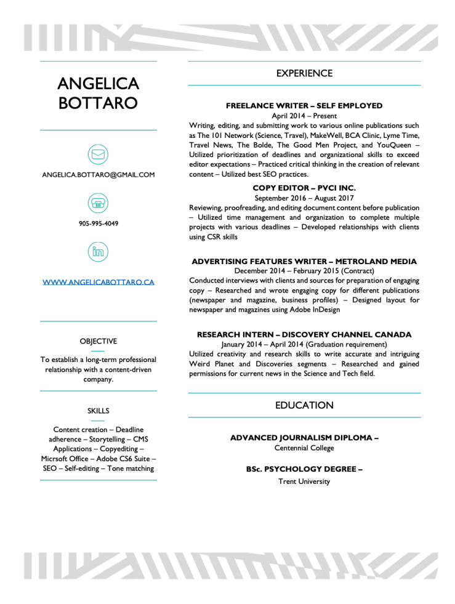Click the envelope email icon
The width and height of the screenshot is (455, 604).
98,154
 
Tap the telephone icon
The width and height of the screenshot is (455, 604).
98,203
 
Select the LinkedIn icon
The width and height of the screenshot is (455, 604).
98,251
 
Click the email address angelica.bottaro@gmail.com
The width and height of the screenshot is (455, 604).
99,175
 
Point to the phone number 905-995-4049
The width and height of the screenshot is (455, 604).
99,223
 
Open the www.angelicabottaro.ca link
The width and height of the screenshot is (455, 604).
99,282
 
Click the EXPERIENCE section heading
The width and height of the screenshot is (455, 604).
304,73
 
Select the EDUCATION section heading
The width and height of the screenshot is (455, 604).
304,405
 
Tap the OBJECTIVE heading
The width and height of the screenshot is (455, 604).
99,341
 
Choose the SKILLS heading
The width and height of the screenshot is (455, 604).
99,411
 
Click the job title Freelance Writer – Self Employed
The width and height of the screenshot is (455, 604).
304,105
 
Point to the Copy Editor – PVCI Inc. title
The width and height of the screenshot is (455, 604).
304,188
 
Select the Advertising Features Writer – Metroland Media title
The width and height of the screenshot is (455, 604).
304,262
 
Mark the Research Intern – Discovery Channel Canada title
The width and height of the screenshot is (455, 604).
304,334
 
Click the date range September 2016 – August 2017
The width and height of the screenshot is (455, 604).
304,198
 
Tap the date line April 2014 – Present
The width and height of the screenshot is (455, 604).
304,116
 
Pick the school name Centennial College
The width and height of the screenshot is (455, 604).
304,448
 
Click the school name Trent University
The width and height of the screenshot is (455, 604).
304,481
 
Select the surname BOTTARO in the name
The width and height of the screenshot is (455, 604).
98,102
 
